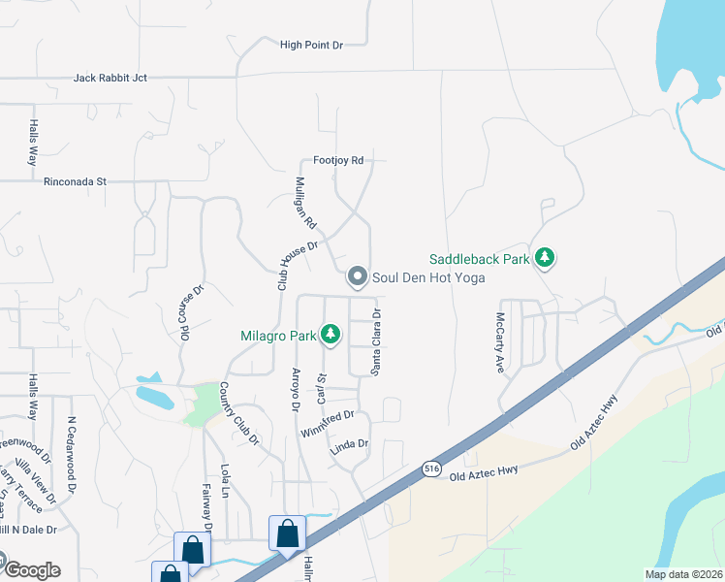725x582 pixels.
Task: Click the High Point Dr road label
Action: [x=311, y=45]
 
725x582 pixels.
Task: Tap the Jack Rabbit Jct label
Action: [x=110, y=78]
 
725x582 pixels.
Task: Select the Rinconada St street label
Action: [x=74, y=180]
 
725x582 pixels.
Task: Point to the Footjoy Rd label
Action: [x=337, y=160]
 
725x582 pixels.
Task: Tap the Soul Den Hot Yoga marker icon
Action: [x=358, y=277]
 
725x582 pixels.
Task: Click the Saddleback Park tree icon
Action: [x=547, y=259]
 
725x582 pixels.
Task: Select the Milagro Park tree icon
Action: [x=331, y=336]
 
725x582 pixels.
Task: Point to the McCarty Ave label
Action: [x=501, y=342]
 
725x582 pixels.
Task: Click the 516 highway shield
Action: [x=429, y=469]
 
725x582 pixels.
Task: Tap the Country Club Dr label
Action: [x=239, y=413]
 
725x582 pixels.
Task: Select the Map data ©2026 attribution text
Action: [x=683, y=574]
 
